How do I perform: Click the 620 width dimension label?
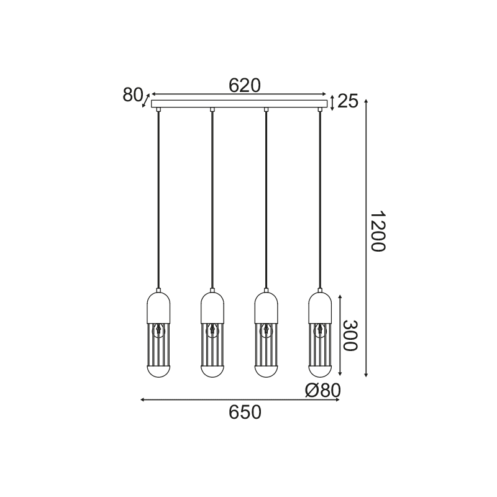coord(244,85)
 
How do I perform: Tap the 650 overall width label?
coord(244,412)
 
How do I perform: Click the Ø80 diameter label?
coord(323,390)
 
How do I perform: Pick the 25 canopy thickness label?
coord(349,101)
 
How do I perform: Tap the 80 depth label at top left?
coord(133,95)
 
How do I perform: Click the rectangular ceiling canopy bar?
coord(239,103)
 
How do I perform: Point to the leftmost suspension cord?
coord(158,199)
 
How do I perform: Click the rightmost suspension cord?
coord(321,199)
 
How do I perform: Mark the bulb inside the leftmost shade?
coord(158,330)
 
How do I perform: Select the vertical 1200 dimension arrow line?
coord(366,186)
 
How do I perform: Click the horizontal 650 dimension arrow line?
coord(186,399)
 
